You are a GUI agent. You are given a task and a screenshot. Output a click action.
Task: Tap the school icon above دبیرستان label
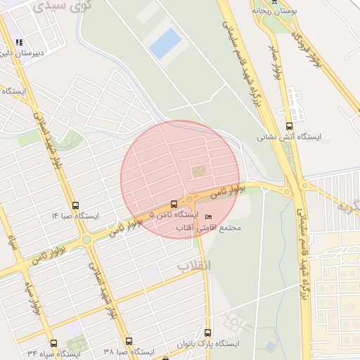coord(19,43)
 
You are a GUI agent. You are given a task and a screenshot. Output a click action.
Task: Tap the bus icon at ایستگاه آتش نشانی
coord(289,126)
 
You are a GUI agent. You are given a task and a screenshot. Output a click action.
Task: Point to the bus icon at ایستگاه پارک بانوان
coord(209,335)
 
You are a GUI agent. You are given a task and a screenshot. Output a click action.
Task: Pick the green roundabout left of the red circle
coord(86,239)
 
